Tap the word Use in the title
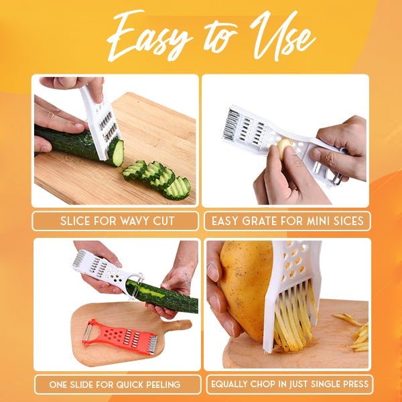tap(283, 36)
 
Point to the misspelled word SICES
tap(348, 221)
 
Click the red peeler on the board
tap(120, 336)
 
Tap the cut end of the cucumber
tap(118, 153)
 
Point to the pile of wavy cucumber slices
tap(157, 179)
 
